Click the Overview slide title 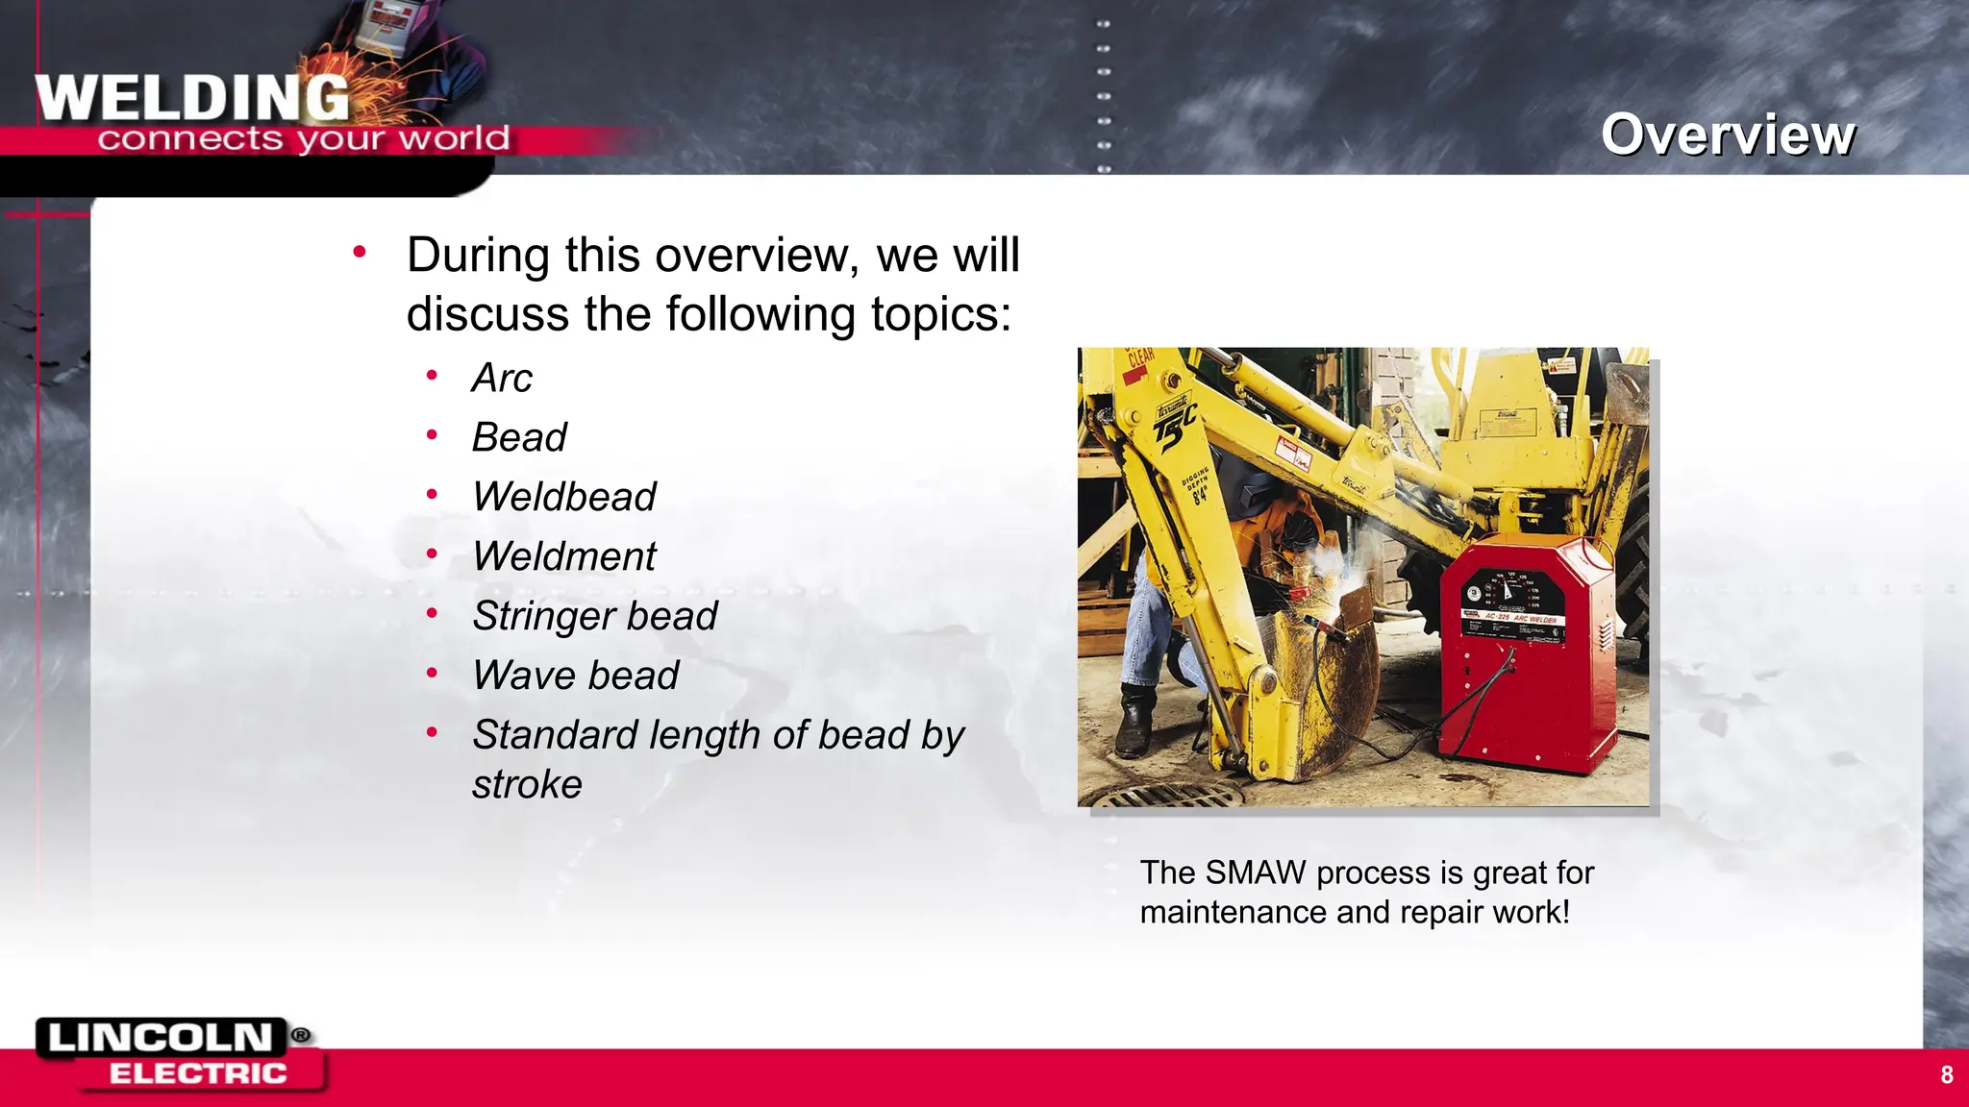[x=1728, y=135]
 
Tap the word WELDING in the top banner [x=192, y=98]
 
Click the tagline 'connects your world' [x=303, y=139]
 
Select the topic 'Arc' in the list [x=501, y=378]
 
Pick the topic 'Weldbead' [x=563, y=497]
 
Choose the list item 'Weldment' [x=563, y=556]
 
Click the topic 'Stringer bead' [x=594, y=616]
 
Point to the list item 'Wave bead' [x=575, y=676]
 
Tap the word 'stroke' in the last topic [x=527, y=785]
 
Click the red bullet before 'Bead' [x=433, y=435]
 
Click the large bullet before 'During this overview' [x=360, y=253]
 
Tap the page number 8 [x=1946, y=1075]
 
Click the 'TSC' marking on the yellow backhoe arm [x=1175, y=423]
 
